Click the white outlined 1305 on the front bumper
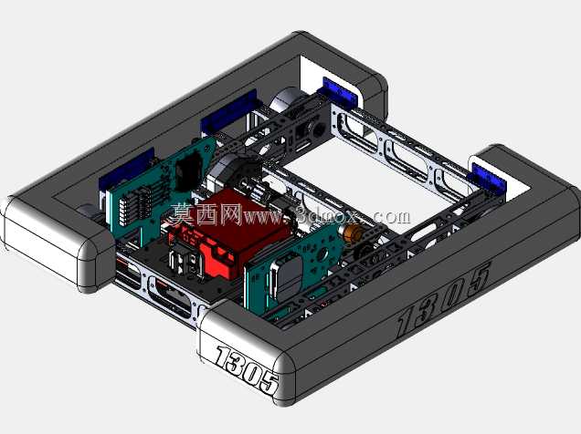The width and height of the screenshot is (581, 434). point(248,370)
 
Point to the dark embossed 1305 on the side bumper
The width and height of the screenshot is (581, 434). point(444,299)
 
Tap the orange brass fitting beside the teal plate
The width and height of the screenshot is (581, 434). point(352,232)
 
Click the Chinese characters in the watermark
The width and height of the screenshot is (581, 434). point(206,214)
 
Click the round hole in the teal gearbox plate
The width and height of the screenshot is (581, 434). point(322,253)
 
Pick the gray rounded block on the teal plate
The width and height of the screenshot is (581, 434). point(288,274)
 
